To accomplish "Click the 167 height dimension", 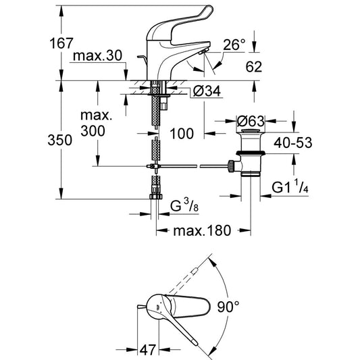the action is pos(61,43).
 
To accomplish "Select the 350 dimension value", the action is pos(60,140).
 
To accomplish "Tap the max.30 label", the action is pos(97,56).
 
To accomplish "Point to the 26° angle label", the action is pos(234,45).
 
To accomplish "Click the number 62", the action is pos(254,67).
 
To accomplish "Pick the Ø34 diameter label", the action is pos(207,91).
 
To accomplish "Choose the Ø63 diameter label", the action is pos(251,121).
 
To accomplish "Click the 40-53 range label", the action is pos(292,143).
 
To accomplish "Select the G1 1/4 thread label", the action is pos(290,187).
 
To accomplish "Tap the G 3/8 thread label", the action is pos(184,206).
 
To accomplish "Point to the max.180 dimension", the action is pos(202,230).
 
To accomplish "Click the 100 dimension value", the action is pos(182,134).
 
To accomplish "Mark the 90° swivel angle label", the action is pos(228,307).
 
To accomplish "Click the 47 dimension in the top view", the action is pos(148,350).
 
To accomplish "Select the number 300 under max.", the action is pos(93,131).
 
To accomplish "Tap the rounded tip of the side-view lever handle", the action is pos(207,10).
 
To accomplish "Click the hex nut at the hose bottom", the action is pos(156,197).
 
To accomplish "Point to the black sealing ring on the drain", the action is pos(251,153).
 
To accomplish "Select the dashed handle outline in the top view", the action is pos(183,280).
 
